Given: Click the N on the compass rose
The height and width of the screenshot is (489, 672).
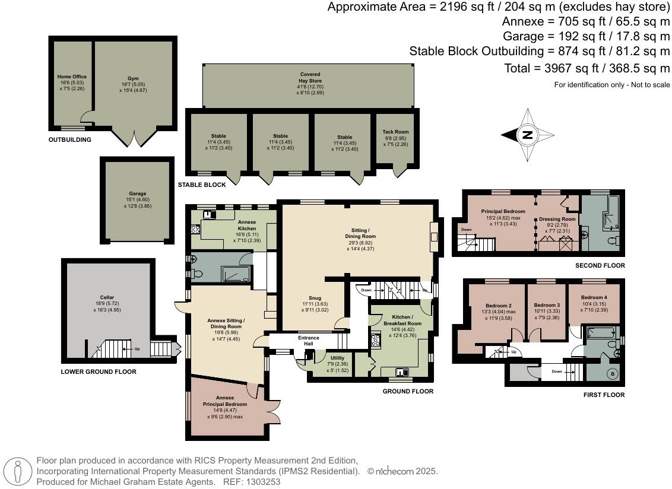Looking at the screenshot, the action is (527, 135).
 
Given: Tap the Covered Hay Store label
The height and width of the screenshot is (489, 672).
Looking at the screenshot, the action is (310, 78).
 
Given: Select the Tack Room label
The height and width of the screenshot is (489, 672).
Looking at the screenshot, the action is (395, 132).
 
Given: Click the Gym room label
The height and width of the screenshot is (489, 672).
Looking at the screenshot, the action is (134, 78).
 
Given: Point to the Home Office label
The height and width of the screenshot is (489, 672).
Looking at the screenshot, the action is (72, 77).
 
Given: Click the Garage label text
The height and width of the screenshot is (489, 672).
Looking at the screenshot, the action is (138, 193).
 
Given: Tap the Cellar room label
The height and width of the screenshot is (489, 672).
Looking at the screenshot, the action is (107, 297).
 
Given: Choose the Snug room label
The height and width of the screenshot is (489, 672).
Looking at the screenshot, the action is (315, 298).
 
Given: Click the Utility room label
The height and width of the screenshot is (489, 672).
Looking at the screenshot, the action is (337, 358).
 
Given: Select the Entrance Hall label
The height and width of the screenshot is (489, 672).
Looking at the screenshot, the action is (309, 341).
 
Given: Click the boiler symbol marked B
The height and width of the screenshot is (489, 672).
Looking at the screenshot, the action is (613, 374).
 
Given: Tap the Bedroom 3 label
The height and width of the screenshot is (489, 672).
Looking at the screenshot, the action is (547, 305).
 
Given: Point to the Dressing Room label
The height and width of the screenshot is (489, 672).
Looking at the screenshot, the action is (557, 219).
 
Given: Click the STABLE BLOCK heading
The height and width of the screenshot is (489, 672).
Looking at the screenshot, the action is (202, 185).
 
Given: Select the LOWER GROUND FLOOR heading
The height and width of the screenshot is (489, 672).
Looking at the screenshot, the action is (99, 371).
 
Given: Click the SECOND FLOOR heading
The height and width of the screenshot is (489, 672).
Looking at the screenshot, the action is (600, 265).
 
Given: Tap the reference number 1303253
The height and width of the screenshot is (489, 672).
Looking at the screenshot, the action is (263, 482).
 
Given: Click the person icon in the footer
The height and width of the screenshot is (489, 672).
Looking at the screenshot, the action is (17, 471).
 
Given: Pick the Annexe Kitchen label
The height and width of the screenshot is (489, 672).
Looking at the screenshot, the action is (247, 226).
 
